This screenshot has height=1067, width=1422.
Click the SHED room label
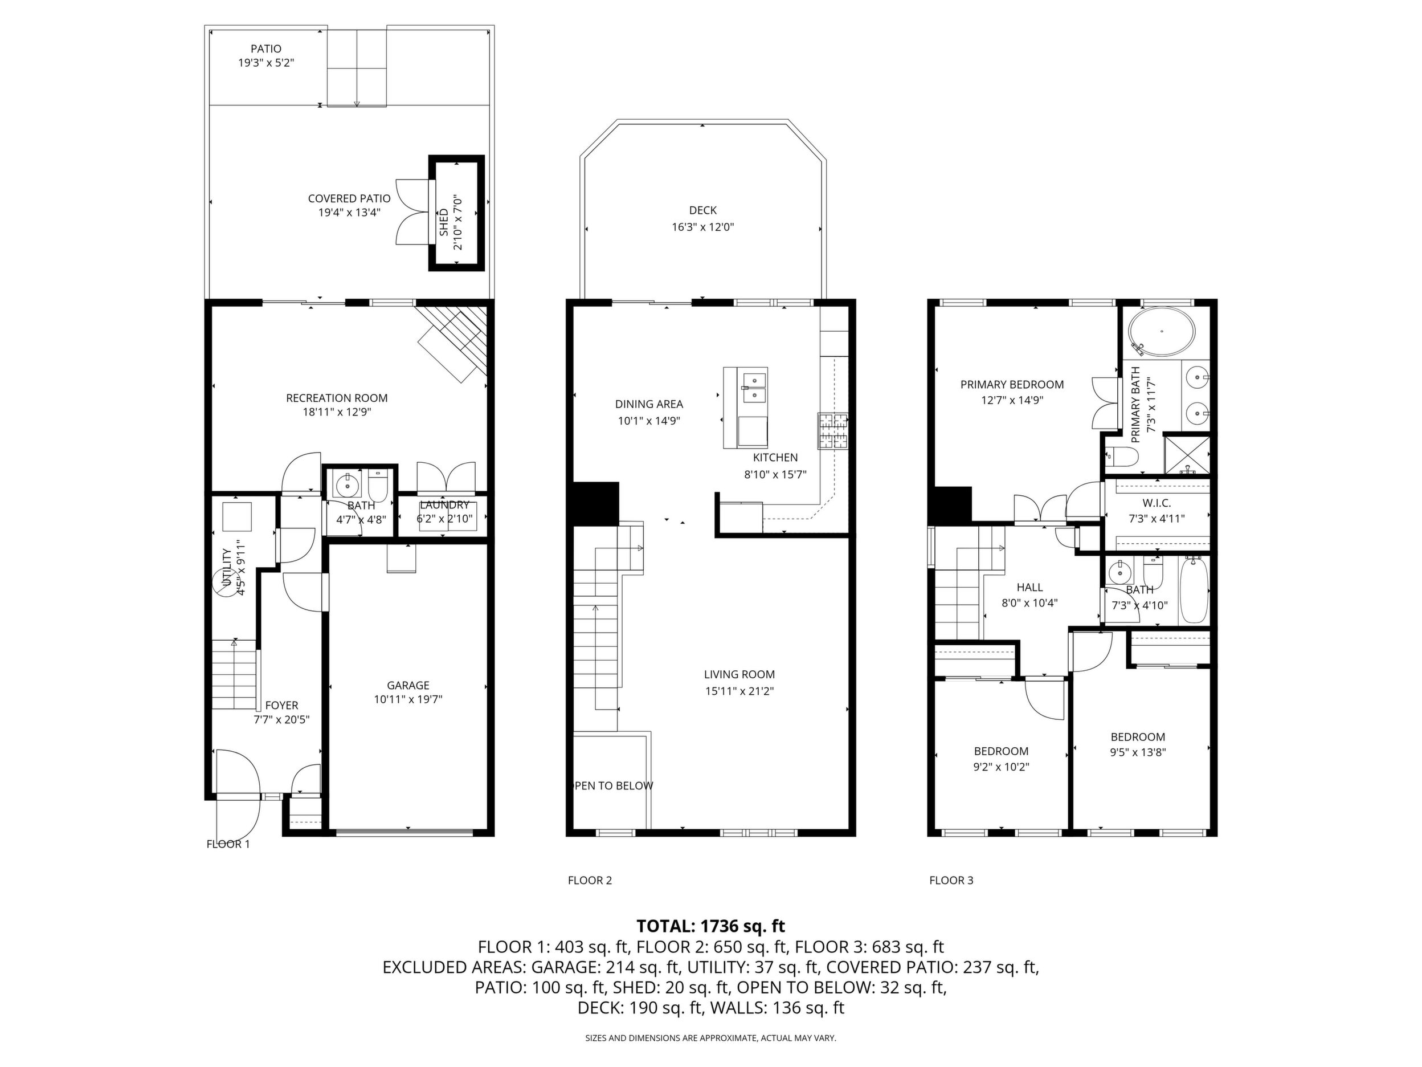click(444, 222)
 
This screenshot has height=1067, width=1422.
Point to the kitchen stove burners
click(833, 430)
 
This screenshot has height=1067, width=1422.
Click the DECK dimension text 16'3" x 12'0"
click(702, 227)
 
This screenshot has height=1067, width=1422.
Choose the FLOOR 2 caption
click(590, 881)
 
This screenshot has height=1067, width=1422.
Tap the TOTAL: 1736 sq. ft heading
click(710, 926)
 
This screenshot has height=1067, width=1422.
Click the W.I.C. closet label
click(1157, 503)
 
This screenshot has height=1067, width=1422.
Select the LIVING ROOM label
click(739, 675)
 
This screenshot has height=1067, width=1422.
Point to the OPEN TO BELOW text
click(612, 785)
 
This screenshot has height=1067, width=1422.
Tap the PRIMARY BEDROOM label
click(1012, 385)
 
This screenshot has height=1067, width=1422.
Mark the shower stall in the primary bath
click(1187, 456)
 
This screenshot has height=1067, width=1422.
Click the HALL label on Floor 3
click(1029, 587)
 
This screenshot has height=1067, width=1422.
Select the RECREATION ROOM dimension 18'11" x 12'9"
click(337, 412)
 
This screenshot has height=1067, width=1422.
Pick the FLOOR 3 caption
click(951, 881)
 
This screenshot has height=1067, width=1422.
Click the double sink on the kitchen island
click(754, 387)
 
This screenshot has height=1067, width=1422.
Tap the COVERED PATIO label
click(349, 199)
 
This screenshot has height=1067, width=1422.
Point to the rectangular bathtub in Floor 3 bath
click(1195, 590)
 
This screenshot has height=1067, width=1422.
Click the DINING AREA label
click(649, 404)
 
